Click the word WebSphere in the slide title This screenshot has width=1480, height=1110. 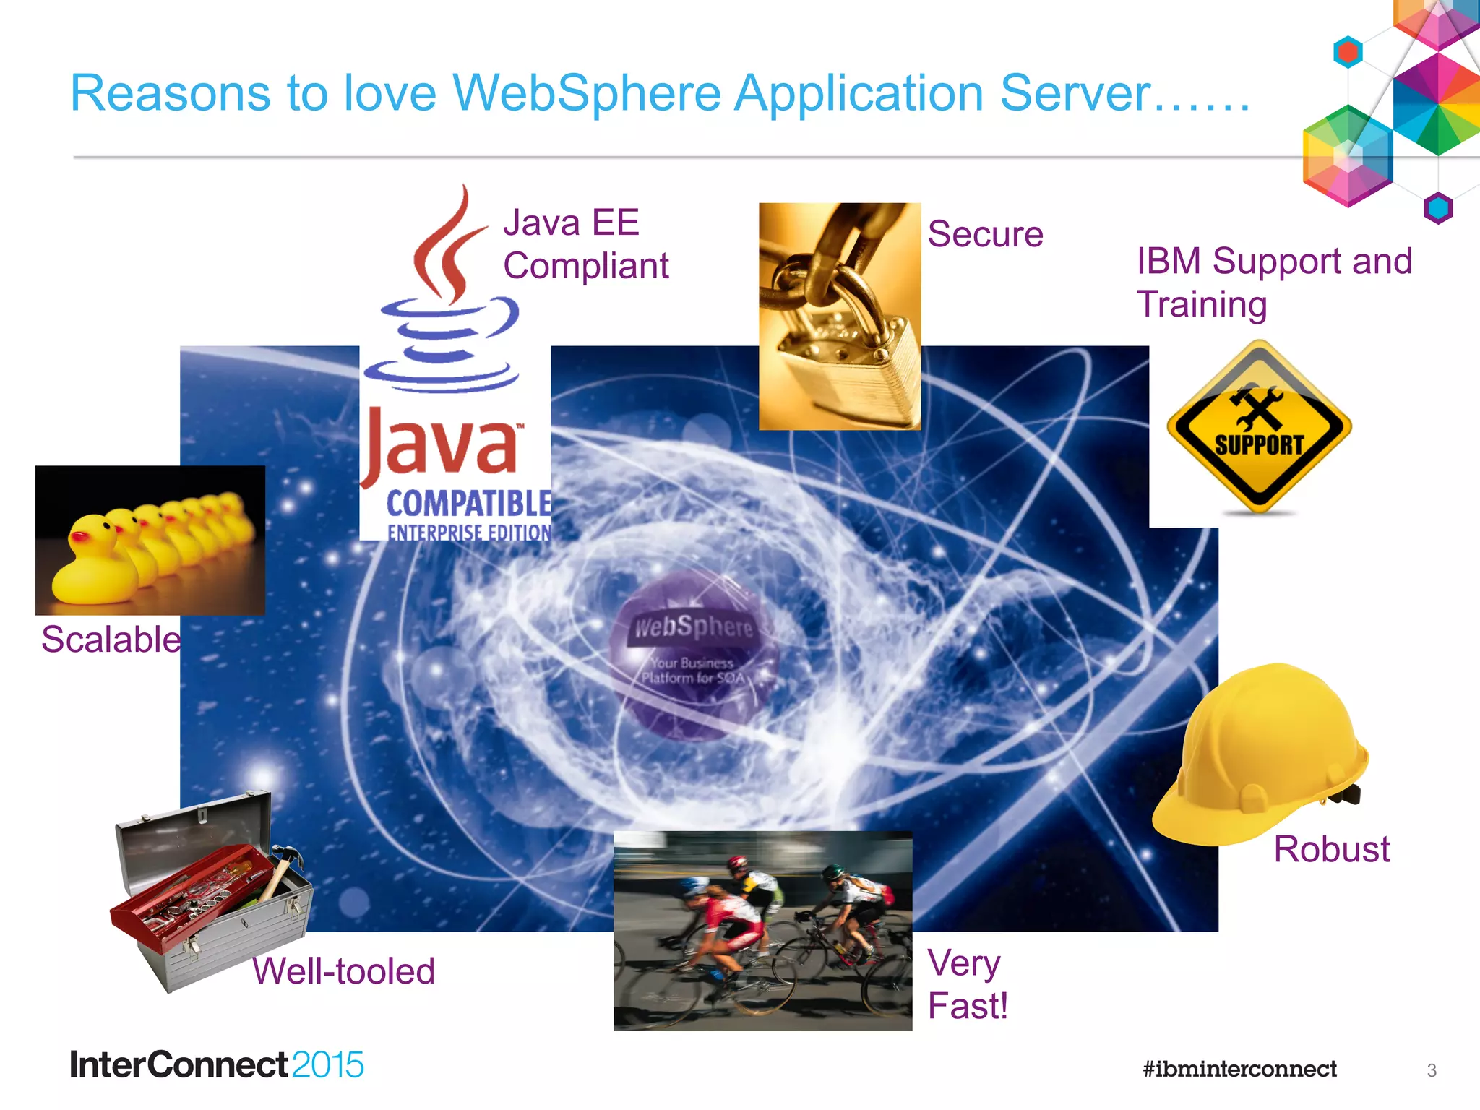[x=586, y=94]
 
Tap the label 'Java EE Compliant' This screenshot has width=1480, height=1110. [x=585, y=244]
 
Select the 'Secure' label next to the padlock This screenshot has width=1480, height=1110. [x=985, y=234]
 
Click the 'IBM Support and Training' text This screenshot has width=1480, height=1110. [x=1273, y=282]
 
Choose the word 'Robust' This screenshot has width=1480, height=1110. [x=1331, y=849]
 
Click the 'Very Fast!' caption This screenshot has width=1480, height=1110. [x=967, y=984]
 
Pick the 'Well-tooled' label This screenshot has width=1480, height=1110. [x=343, y=971]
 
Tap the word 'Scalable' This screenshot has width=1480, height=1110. [x=111, y=640]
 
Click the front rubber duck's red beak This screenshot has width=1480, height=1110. [x=79, y=537]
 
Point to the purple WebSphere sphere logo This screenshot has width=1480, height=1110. [x=692, y=654]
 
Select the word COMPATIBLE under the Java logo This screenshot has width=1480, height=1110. [x=468, y=503]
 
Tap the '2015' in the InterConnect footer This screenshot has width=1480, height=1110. [x=327, y=1065]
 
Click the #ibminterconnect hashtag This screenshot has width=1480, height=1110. [x=1239, y=1069]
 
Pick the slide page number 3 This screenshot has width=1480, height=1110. [x=1432, y=1070]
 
